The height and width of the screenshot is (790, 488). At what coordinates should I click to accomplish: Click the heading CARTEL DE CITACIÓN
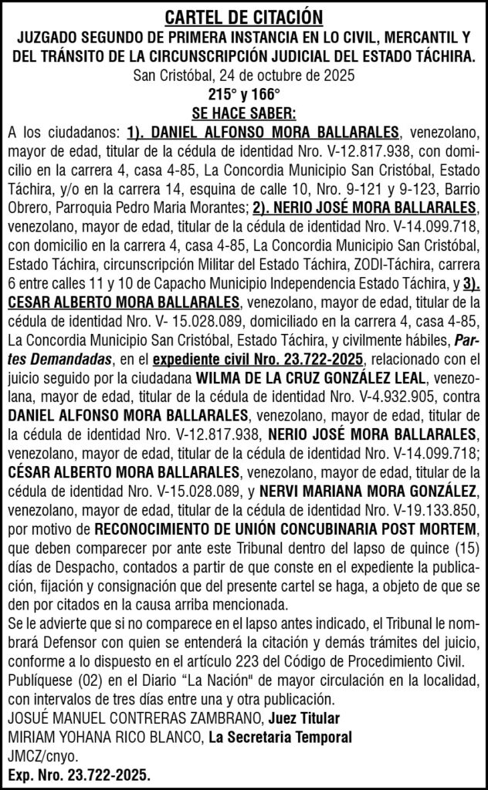[243, 16]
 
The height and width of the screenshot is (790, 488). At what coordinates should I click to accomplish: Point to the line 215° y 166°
[243, 95]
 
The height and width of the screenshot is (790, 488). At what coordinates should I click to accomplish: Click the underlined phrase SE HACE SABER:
[243, 113]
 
